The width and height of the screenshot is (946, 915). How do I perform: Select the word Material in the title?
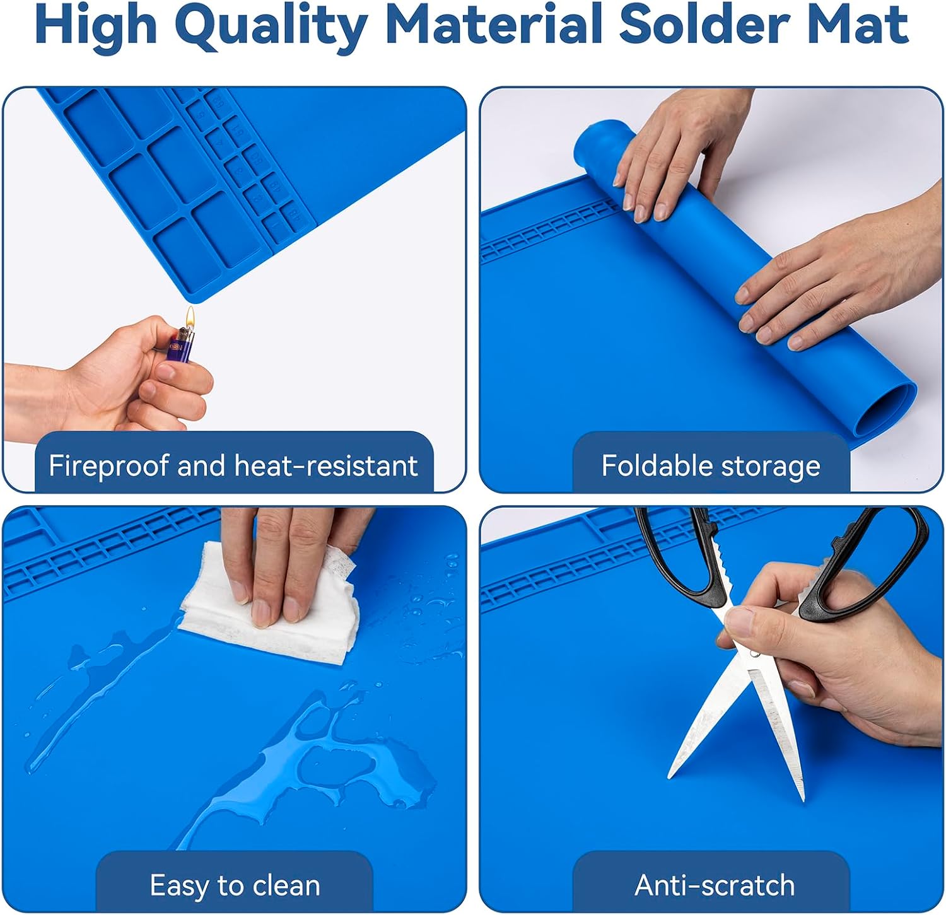[x=493, y=24]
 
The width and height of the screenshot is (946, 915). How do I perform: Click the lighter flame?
[x=190, y=317]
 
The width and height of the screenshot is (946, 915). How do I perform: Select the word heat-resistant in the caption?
[x=326, y=466]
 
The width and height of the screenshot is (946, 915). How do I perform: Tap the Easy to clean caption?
[x=235, y=886]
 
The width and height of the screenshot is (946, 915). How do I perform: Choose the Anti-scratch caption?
[x=715, y=885]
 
